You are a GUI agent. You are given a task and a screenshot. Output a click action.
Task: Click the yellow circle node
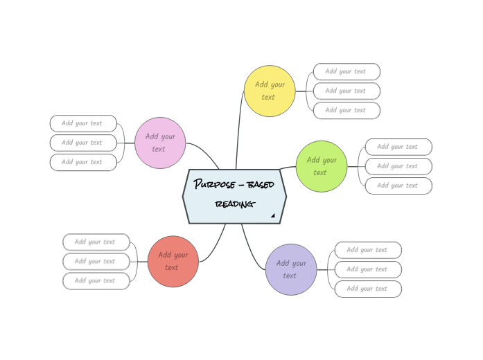click(x=270, y=91)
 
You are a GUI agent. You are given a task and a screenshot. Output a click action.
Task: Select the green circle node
click(x=322, y=166)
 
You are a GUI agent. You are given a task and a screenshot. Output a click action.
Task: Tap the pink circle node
click(x=160, y=143)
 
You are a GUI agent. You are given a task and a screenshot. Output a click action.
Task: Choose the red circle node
click(x=173, y=261)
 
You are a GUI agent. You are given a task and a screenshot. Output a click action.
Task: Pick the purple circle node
click(x=291, y=269)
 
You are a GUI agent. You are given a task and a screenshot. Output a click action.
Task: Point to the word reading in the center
click(x=234, y=204)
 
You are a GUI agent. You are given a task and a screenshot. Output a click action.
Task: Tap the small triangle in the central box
click(x=273, y=216)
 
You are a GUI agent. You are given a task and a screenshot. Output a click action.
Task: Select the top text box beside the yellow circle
click(x=346, y=71)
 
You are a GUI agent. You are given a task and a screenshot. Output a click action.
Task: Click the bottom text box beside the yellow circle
click(x=346, y=110)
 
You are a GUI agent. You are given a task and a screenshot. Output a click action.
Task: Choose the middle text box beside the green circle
click(x=398, y=166)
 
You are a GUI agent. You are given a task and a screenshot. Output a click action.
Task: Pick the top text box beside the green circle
click(x=398, y=147)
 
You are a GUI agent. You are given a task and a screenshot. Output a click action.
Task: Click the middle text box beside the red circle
click(x=96, y=261)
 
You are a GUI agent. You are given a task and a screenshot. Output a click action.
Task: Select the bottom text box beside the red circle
click(x=96, y=280)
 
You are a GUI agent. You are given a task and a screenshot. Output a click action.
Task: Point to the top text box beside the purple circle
click(x=368, y=250)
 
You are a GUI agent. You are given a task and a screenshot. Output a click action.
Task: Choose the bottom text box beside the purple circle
click(x=368, y=289)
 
